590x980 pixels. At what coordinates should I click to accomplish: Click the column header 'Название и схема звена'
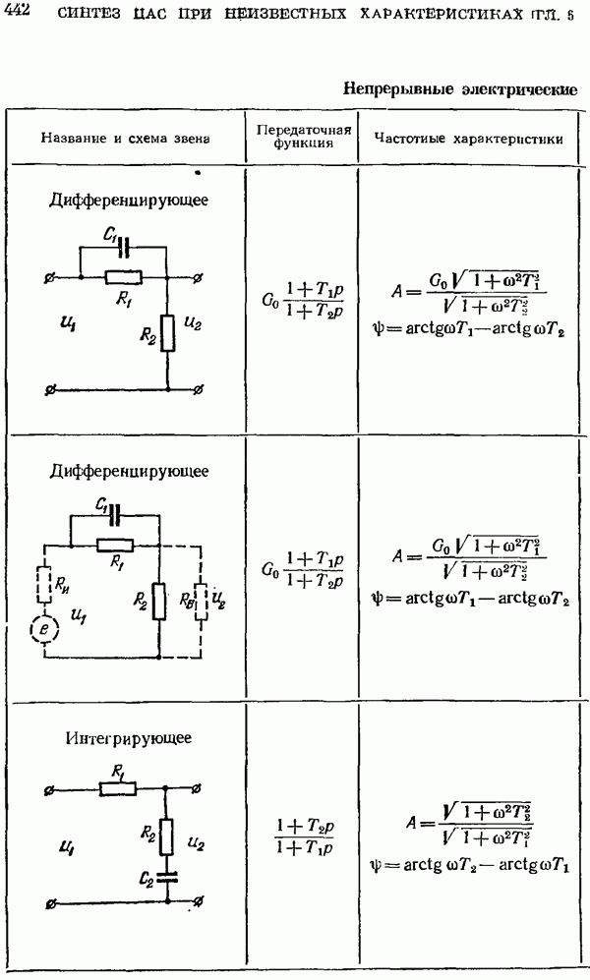(125, 139)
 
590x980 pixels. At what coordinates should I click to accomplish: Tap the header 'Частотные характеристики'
(469, 139)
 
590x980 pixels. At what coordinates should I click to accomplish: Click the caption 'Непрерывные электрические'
(459, 89)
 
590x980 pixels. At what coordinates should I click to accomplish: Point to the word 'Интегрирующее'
(129, 737)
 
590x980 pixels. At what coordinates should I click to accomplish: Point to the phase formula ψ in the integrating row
(471, 865)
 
